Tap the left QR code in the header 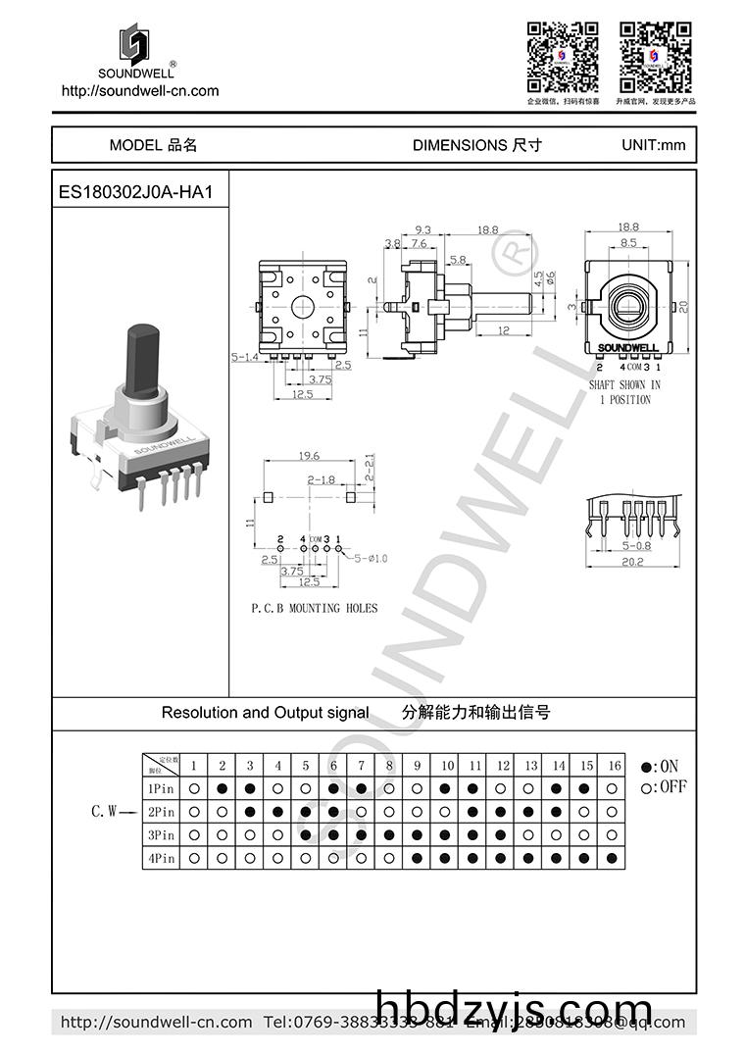pos(563,57)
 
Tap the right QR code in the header pos(655,57)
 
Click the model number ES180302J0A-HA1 pos(135,193)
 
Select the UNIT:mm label pos(653,145)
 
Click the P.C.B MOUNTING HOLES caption pos(314,609)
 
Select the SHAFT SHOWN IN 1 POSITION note pos(624,392)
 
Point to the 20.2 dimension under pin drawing pos(632,562)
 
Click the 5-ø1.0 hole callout pos(371,558)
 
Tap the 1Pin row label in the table pos(161,788)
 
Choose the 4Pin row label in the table pos(161,859)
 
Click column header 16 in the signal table pos(614,765)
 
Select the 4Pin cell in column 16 pos(614,859)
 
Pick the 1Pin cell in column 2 pos(223,788)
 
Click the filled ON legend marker pos(645,767)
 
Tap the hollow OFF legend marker pos(645,787)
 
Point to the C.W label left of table pos(104,811)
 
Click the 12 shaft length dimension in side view pos(503,330)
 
